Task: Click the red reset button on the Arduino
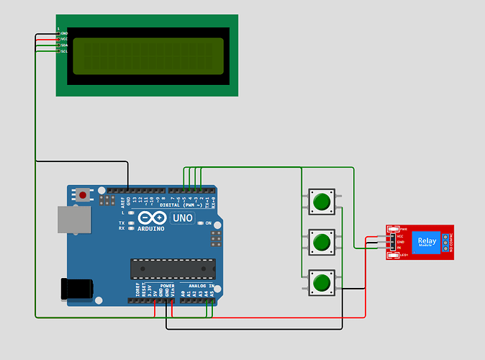pyautogui.click(x=84, y=194)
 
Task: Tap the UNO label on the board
pyautogui.click(x=183, y=217)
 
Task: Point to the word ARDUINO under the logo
pyautogui.click(x=150, y=228)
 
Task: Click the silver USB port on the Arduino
pyautogui.click(x=74, y=220)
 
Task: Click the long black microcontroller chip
pyautogui.click(x=172, y=269)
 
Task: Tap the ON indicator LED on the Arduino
pyautogui.click(x=199, y=223)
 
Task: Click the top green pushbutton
pyautogui.click(x=321, y=202)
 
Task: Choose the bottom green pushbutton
pyautogui.click(x=321, y=282)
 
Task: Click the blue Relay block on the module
pyautogui.click(x=427, y=242)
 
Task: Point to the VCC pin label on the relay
pyautogui.click(x=401, y=236)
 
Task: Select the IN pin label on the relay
pyautogui.click(x=399, y=248)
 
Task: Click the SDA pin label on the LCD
pyautogui.click(x=64, y=45)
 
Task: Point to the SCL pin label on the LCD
pyautogui.click(x=64, y=51)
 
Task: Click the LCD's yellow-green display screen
pyautogui.click(x=148, y=56)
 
